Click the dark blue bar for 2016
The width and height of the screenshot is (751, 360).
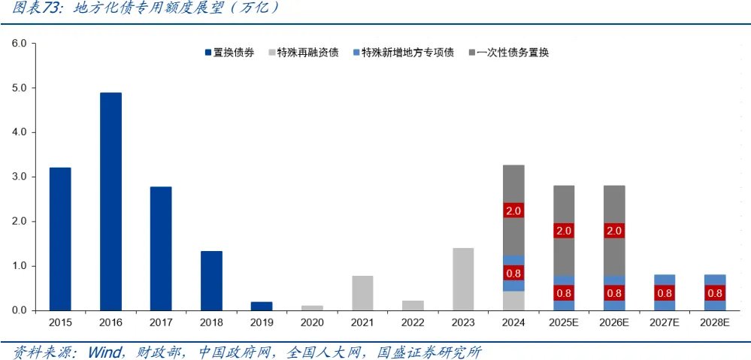coord(111,201)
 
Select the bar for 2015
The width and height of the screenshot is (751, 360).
coord(60,239)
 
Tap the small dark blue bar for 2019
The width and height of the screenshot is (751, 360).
coord(262,306)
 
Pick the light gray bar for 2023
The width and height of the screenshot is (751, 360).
coord(463,279)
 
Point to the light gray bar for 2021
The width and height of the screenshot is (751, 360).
coord(362,293)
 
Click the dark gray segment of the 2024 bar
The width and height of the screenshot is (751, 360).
coord(513,188)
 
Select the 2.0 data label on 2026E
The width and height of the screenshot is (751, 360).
coord(614,231)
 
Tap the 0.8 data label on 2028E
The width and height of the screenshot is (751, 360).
coord(715,293)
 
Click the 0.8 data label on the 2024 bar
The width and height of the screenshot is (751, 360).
coord(513,273)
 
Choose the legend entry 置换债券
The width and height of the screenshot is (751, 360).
coord(229,53)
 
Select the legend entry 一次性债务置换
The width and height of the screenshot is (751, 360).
coord(508,53)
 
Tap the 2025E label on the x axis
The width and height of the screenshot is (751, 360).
coord(564,322)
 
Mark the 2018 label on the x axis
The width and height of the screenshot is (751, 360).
coord(211,322)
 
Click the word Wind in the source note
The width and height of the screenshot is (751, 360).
coord(104,351)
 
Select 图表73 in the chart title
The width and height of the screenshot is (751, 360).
coord(34,8)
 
